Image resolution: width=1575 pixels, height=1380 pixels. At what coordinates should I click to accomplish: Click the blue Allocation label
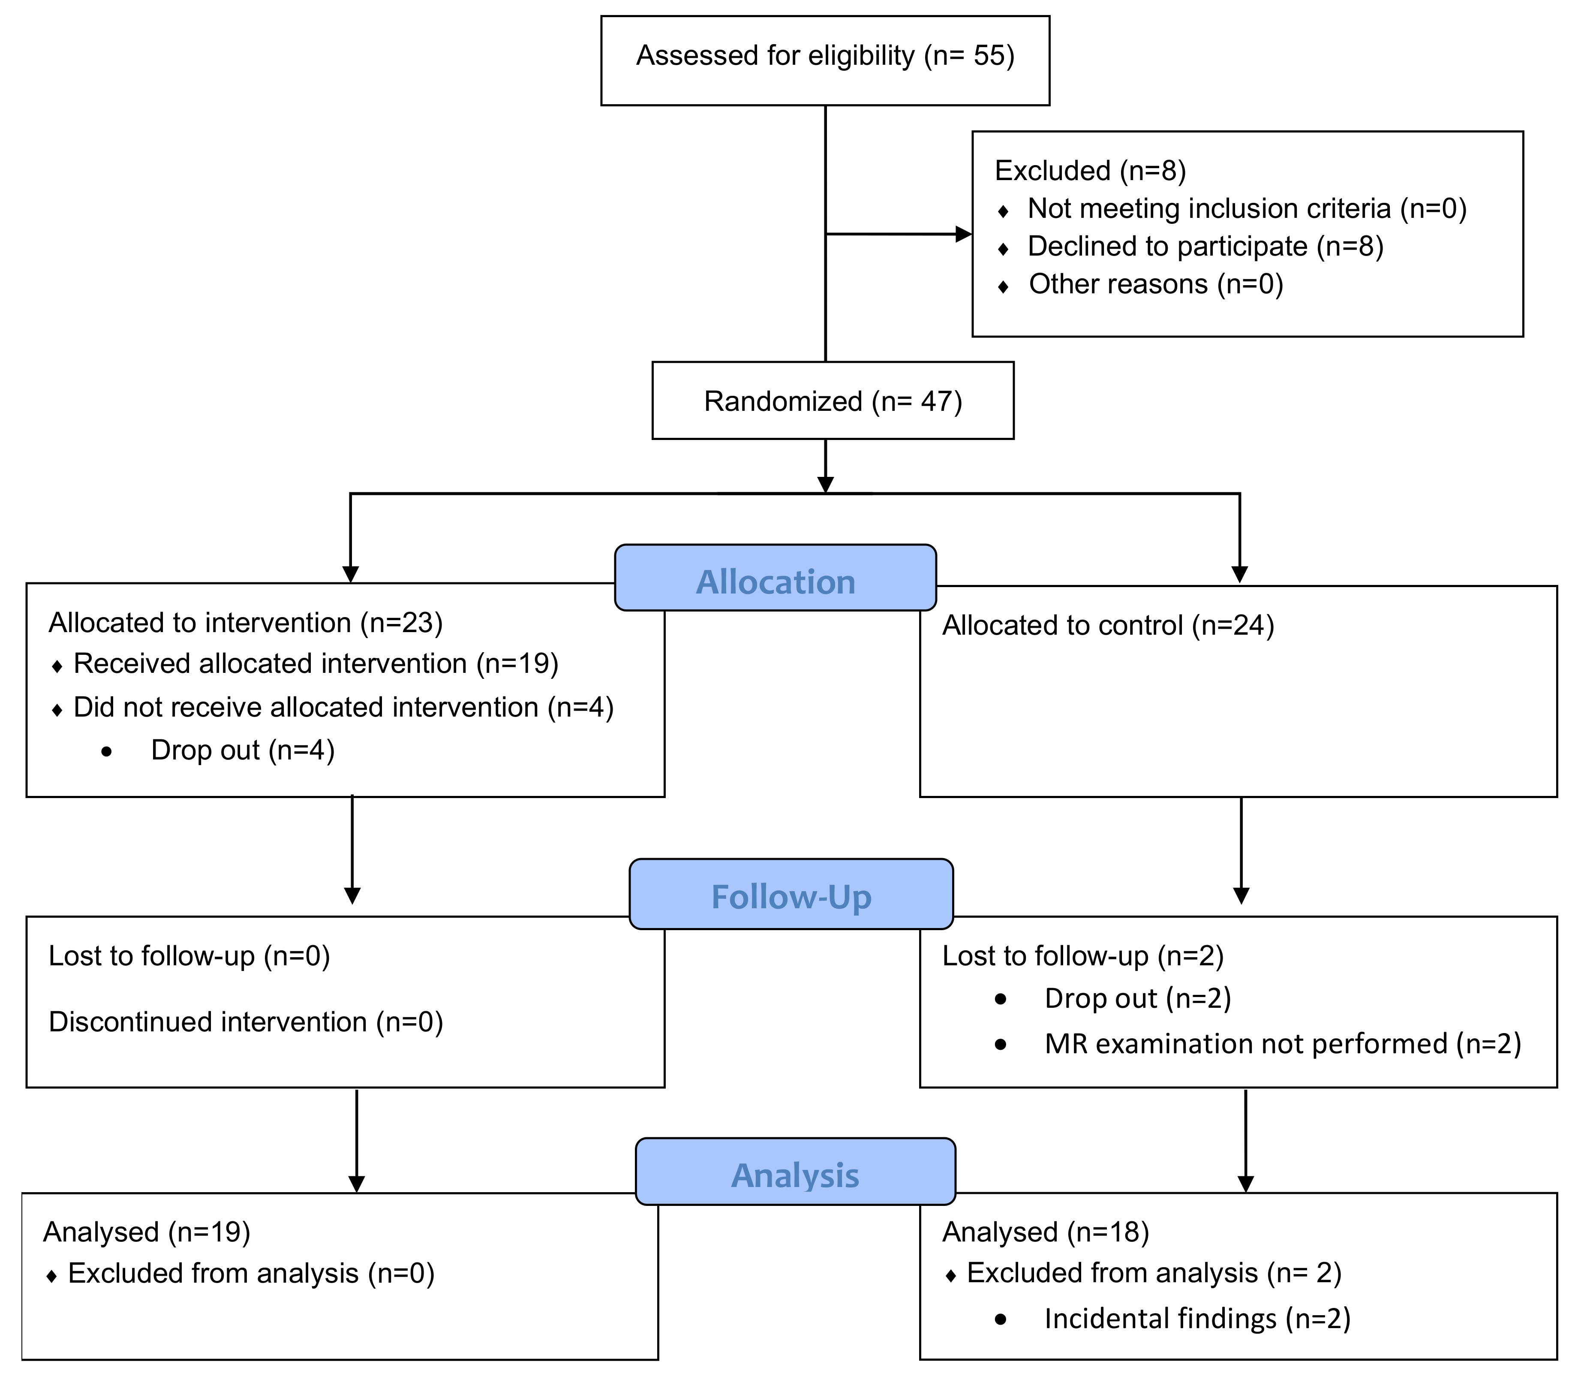coord(775,582)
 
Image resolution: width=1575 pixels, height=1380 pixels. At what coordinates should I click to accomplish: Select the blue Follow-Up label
coord(791,897)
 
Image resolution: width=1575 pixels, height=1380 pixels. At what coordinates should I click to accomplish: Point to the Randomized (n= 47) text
coord(833,402)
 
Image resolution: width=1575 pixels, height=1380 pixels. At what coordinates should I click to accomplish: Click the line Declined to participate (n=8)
coord(1205,247)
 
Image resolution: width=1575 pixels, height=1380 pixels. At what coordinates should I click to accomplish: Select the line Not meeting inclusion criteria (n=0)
coord(1246,209)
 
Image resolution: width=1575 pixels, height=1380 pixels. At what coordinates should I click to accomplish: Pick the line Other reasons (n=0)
coord(1155,284)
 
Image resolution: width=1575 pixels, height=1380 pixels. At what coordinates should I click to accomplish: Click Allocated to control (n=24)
coord(1108,625)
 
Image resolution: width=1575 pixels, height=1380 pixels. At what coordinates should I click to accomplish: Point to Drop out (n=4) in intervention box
coord(243,750)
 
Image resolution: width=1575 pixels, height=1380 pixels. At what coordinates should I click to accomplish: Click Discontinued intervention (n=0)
coord(246,1022)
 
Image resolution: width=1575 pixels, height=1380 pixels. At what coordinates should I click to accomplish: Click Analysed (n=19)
coord(146,1232)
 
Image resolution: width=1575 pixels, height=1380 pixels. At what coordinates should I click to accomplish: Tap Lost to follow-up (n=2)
coord(1082,956)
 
